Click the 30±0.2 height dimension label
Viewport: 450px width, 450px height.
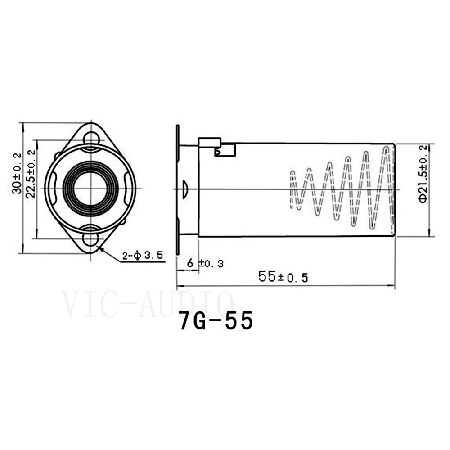pyautogui.click(x=17, y=173)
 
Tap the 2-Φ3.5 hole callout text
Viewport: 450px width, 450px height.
pyautogui.click(x=143, y=255)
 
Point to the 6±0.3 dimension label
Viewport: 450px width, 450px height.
pyautogui.click(x=205, y=263)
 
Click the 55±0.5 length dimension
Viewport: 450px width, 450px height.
pyautogui.click(x=283, y=277)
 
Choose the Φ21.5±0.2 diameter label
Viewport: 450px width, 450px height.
pyautogui.click(x=423, y=174)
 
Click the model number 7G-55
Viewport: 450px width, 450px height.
pyautogui.click(x=216, y=320)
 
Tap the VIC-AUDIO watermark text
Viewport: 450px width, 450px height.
pyautogui.click(x=147, y=304)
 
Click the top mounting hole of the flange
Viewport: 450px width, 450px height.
pyautogui.click(x=91, y=138)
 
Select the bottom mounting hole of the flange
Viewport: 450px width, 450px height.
pyautogui.click(x=91, y=239)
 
